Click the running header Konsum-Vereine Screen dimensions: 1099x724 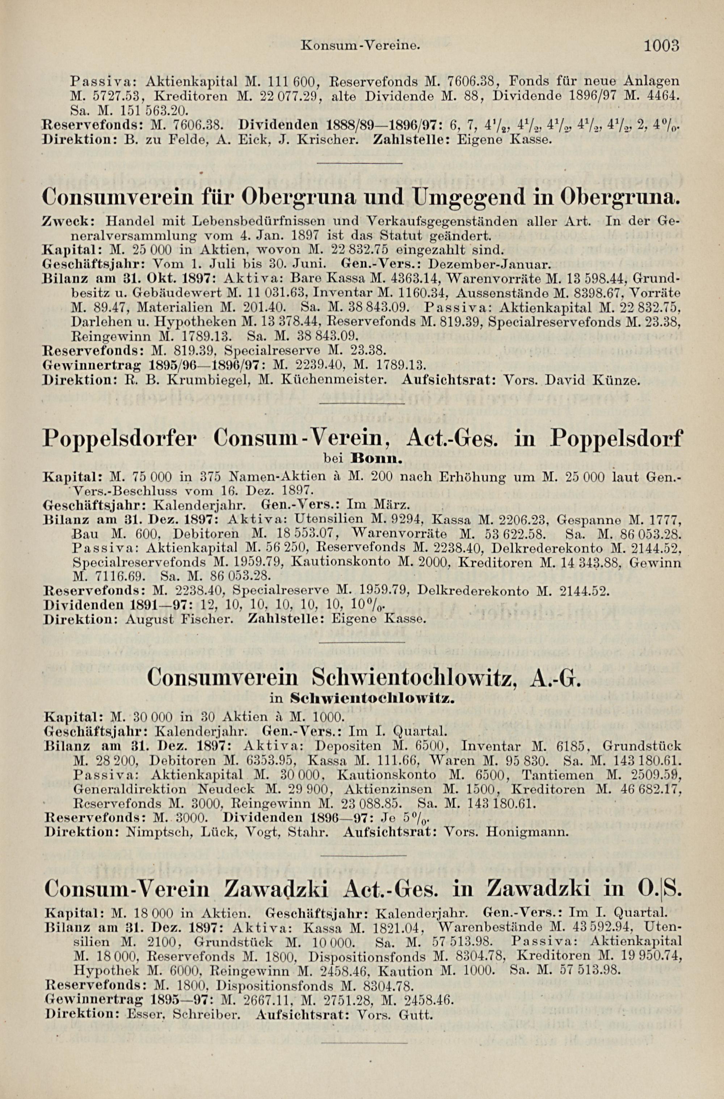(x=360, y=46)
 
